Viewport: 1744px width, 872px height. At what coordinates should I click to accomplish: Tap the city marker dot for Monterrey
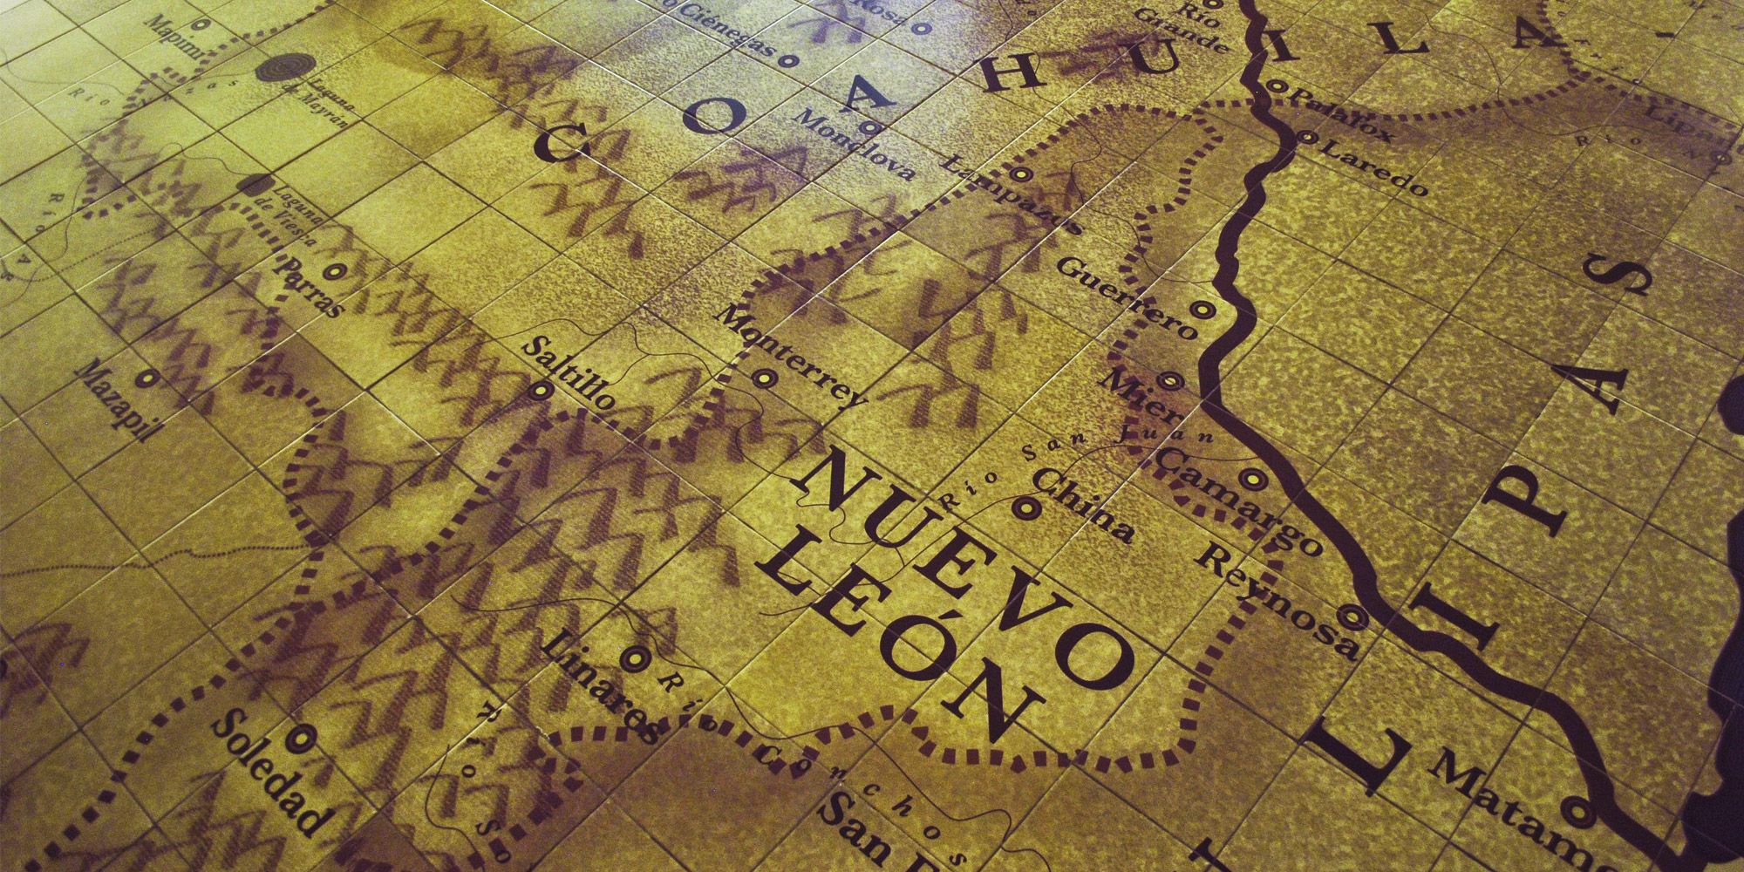764,378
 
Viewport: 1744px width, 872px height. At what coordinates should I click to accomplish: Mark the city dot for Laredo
1306,136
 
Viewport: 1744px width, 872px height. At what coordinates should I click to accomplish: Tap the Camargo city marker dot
1254,478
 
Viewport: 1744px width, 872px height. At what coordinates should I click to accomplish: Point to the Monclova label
856,144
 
